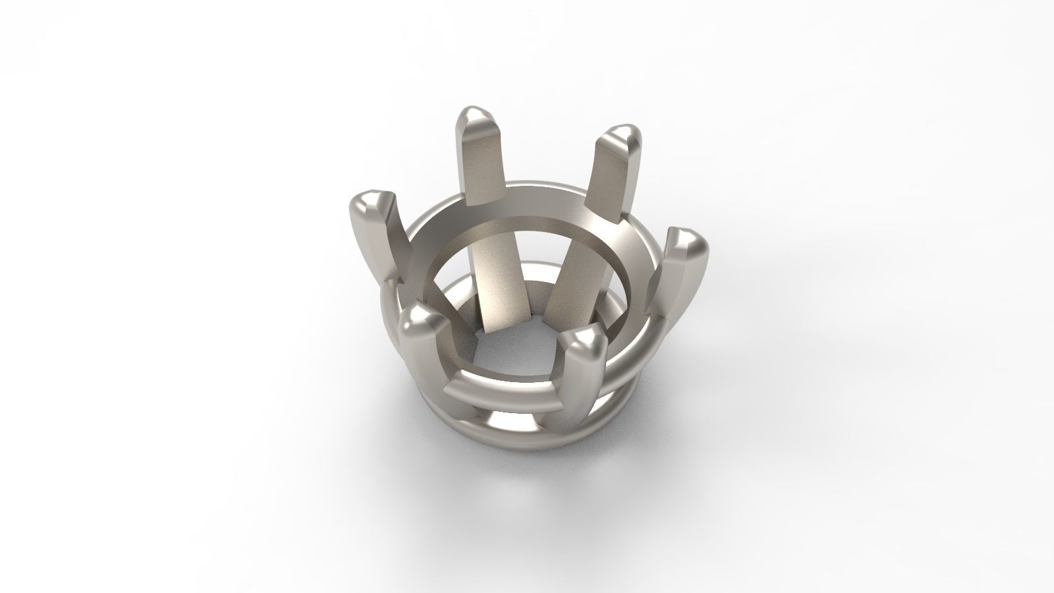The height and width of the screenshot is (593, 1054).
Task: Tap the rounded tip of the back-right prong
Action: coord(621,139)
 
